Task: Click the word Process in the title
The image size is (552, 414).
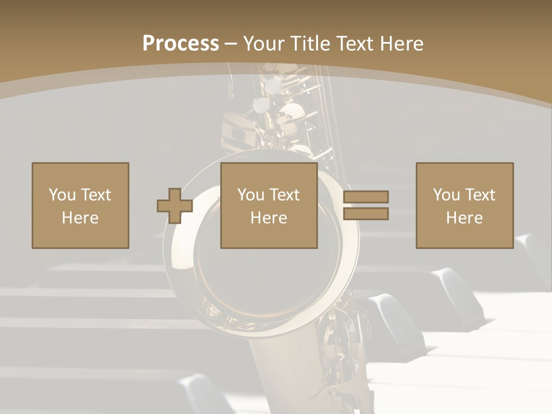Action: point(181,44)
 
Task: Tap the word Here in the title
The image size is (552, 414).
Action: point(402,44)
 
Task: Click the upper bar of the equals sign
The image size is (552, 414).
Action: point(366,197)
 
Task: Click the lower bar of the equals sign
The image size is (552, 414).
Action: point(366,214)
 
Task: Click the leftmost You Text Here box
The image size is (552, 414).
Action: point(80,205)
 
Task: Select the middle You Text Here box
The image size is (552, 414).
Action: point(269,205)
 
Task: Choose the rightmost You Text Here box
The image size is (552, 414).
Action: point(464,205)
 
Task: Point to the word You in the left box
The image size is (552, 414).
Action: point(62,195)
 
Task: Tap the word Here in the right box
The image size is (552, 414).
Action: point(464,218)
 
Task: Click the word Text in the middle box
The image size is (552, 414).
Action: point(284,195)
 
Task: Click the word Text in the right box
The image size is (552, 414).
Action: point(480,195)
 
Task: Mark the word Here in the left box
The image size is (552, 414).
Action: point(80,218)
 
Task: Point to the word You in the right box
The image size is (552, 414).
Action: point(446,195)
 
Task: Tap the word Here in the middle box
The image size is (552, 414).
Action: point(269,218)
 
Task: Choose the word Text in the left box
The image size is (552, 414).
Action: point(95,195)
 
